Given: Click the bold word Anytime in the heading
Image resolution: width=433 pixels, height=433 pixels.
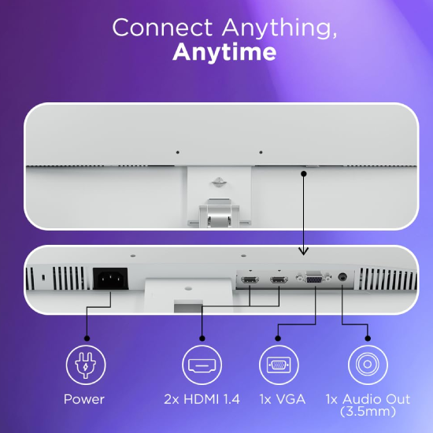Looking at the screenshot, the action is [x=224, y=52].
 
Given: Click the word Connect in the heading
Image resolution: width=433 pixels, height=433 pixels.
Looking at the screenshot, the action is [x=162, y=27].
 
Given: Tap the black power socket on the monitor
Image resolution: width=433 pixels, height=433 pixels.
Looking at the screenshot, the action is [x=110, y=279].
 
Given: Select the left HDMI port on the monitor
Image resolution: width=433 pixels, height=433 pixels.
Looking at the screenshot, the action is [x=250, y=280].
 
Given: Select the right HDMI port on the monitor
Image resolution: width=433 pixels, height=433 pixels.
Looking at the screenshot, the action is [x=279, y=280].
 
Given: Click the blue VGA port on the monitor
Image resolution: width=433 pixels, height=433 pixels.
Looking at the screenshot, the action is [x=314, y=279].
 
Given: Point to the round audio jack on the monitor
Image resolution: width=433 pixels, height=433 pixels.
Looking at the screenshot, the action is [x=342, y=277].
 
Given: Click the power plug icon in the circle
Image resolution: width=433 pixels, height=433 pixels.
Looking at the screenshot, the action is [x=86, y=365].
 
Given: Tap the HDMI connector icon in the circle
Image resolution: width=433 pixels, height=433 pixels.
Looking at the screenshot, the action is [x=202, y=365].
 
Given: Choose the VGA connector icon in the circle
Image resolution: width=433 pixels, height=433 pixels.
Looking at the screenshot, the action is [x=279, y=365].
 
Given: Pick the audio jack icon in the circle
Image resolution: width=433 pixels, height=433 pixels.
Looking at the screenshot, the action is [x=368, y=365].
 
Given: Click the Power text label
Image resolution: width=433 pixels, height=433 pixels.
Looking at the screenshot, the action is [x=84, y=399].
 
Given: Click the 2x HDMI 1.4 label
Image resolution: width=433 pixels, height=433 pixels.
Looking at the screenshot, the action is [x=202, y=399].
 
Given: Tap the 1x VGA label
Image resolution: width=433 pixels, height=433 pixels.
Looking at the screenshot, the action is [x=282, y=399].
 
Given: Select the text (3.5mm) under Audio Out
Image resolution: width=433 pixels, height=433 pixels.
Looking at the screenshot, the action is [x=368, y=412].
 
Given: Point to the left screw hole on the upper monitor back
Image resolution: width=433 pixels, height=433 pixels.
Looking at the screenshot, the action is [x=178, y=153].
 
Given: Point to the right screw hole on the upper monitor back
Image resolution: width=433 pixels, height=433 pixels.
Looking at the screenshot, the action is [x=261, y=153].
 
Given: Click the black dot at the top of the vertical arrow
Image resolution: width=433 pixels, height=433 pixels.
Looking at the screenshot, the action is [x=304, y=174].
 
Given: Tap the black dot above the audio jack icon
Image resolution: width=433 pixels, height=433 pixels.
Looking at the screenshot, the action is [x=368, y=339].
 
